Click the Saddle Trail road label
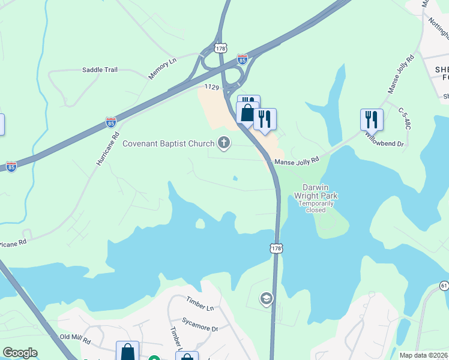(100, 70)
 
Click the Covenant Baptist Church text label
(168, 143)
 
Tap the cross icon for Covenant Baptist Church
(224, 143)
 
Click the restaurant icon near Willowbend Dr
(372, 120)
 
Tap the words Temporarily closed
(316, 206)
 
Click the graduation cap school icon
(266, 298)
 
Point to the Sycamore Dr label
(200, 328)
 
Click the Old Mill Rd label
(75, 341)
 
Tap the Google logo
(20, 353)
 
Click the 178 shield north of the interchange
(220, 46)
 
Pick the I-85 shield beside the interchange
(242, 59)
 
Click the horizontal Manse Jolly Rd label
(295, 162)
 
